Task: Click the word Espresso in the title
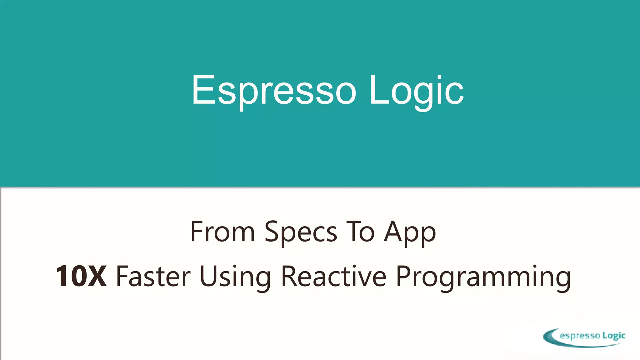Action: tap(274, 91)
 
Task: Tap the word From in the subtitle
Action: tap(222, 232)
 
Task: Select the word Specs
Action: tap(301, 232)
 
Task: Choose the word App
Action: tap(410, 232)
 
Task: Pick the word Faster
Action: tap(153, 276)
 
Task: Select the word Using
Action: tap(235, 277)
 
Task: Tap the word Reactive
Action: tap(334, 276)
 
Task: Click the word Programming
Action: tap(483, 277)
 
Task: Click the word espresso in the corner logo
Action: tap(580, 336)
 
